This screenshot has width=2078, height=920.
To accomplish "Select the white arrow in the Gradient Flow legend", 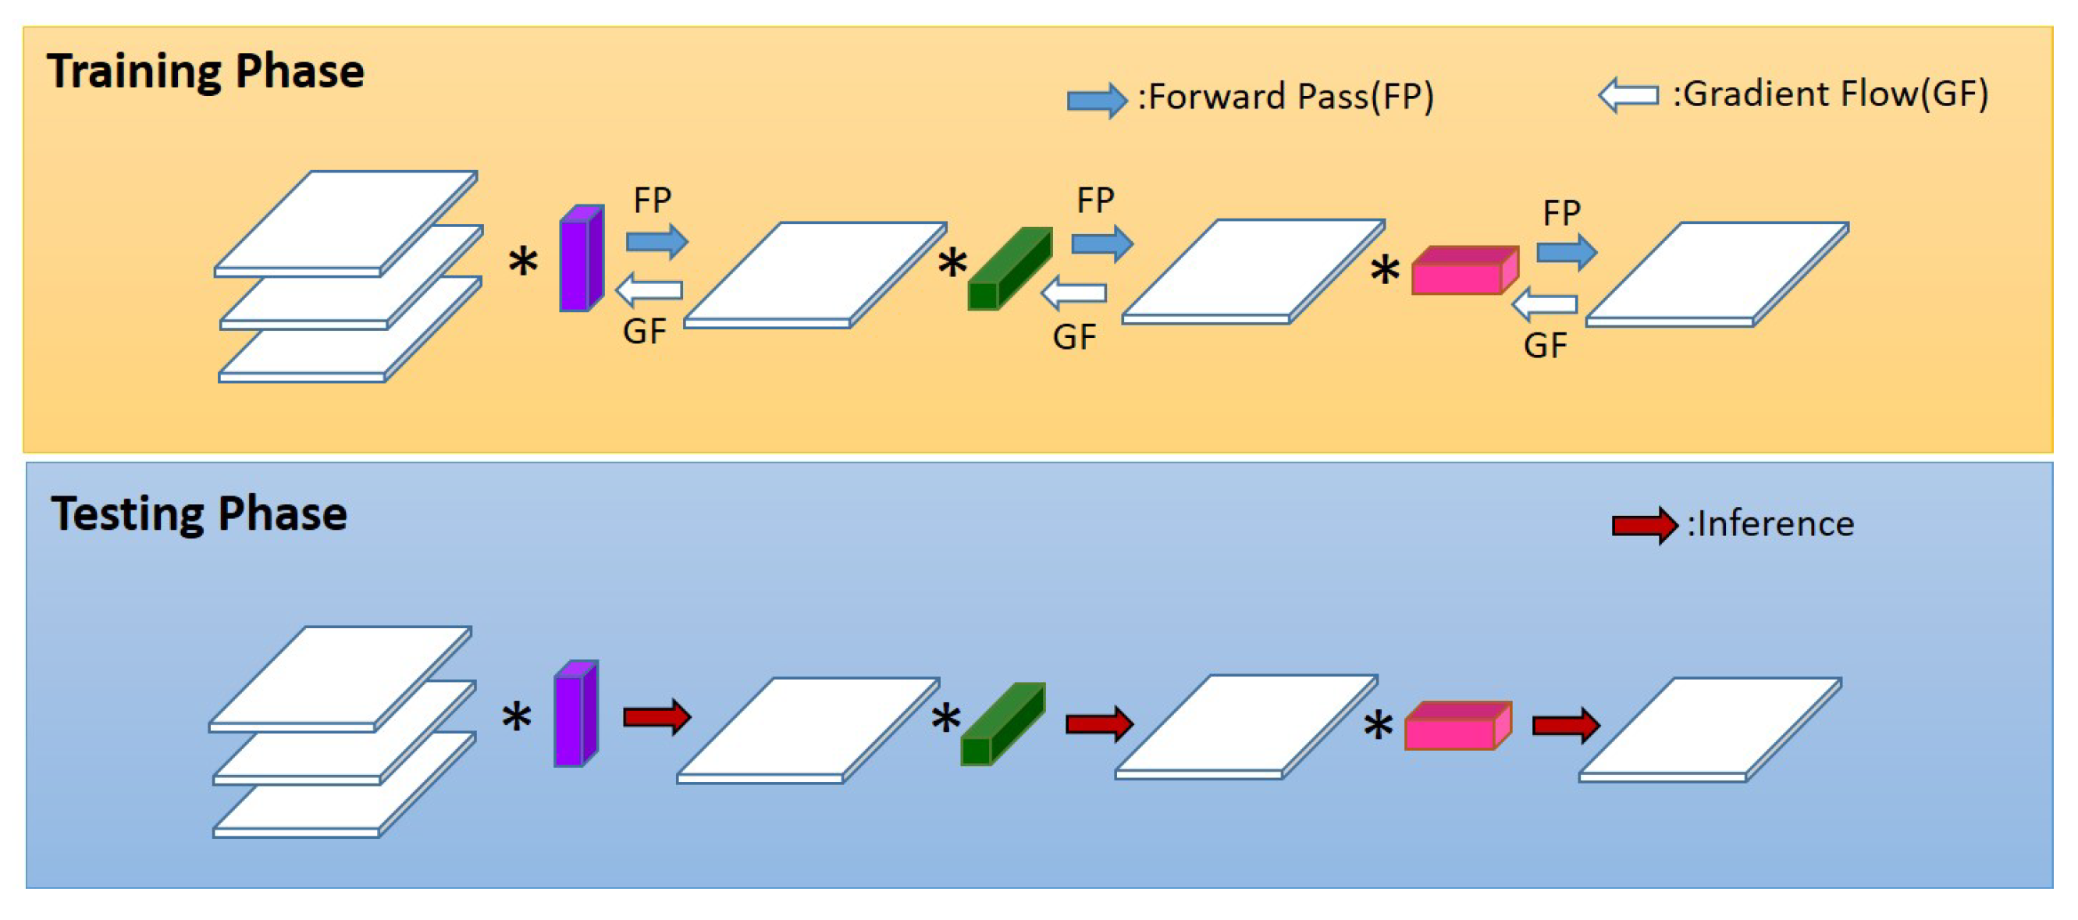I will point(1628,95).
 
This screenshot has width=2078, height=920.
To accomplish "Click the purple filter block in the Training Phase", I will point(582,259).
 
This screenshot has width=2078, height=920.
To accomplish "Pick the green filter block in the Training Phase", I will point(1009,268).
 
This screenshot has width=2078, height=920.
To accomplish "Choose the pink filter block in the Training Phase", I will point(1464,271).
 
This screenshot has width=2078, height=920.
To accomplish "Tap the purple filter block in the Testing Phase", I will point(575,713).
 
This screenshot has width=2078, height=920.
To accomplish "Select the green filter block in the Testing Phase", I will point(1002,724).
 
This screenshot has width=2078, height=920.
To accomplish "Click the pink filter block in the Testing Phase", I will point(1457,726).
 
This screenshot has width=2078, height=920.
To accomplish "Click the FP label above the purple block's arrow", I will point(652,201).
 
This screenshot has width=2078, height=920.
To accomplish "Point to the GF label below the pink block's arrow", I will point(1545,346).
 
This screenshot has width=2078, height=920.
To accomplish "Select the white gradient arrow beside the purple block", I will point(649,289).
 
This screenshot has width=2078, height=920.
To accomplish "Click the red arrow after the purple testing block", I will point(656,717).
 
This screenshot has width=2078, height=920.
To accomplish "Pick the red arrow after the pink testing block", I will point(1566,726).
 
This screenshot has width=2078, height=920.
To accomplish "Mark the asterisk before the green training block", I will point(952,264).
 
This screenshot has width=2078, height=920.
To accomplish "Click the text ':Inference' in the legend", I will point(1770,525).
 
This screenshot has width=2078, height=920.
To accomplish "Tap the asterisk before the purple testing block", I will point(516,717).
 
